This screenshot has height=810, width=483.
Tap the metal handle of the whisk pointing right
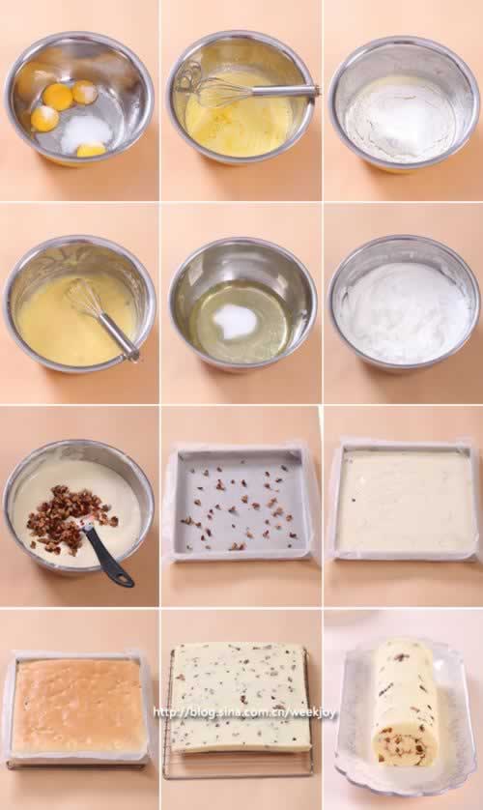[x=284, y=91]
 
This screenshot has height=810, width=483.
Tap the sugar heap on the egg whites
[x=234, y=321]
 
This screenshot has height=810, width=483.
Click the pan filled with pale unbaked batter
[x=404, y=501]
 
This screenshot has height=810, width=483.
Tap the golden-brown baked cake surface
[x=77, y=706]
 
